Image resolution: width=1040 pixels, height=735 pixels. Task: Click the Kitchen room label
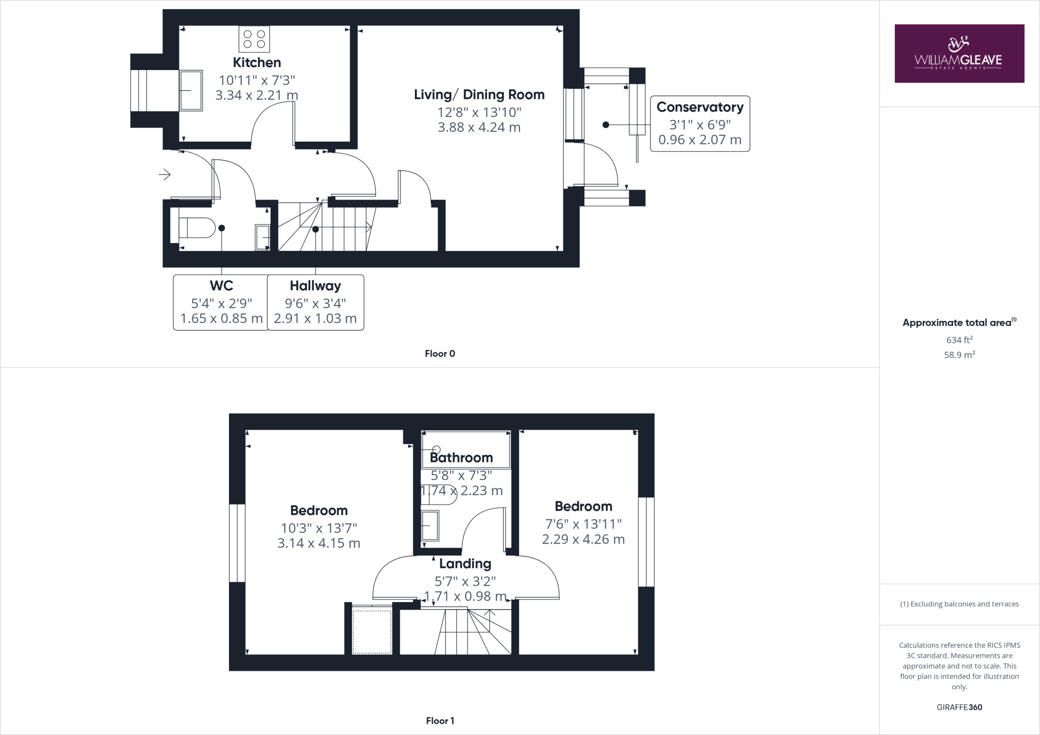coord(256,62)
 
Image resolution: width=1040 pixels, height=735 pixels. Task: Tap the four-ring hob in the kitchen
coord(254,39)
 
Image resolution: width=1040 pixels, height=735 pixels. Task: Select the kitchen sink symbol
coord(191,90)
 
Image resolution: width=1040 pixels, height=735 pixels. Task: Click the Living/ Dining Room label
coord(479,94)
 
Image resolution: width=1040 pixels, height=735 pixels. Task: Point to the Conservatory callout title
coord(700,107)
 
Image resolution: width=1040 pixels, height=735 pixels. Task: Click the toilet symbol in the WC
coord(198,228)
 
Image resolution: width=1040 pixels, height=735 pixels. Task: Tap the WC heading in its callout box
coord(221,285)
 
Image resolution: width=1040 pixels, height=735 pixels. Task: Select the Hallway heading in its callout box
coord(315,285)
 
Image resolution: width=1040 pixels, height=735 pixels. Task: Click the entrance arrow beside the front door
coord(164,175)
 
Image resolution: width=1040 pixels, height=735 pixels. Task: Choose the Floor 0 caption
coord(440,354)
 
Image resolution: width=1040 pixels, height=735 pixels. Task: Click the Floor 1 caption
coord(440,721)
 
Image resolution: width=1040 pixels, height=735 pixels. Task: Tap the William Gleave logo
coord(959,53)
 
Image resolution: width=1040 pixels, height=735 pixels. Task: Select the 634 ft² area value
coord(959,340)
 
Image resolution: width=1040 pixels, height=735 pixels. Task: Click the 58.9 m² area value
coord(959,355)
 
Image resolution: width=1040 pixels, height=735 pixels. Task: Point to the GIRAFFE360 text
coord(959,707)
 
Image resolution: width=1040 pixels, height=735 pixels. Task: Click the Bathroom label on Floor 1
coord(461,458)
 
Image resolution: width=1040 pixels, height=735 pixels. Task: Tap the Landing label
coord(465,563)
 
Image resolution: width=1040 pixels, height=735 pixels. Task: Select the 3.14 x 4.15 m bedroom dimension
coord(318,543)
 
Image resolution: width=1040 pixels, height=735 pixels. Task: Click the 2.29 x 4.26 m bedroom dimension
coord(583,539)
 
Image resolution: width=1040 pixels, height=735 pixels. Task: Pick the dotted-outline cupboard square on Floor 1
coord(372,631)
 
